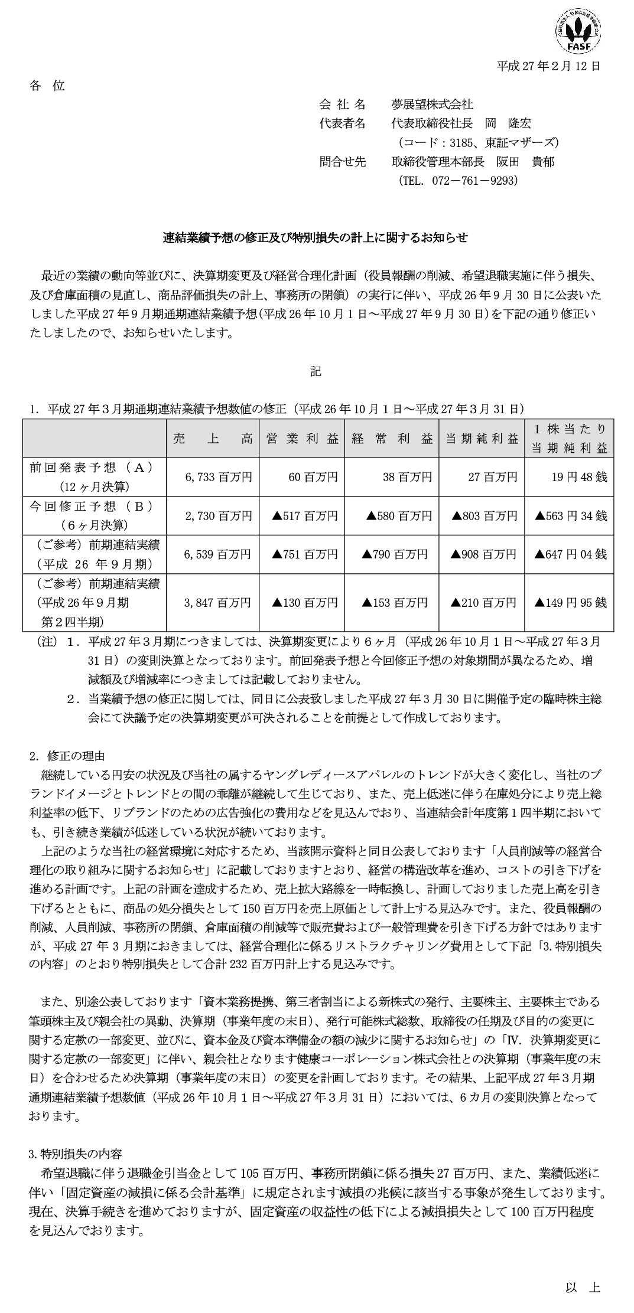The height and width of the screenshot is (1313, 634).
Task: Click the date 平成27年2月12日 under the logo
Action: (548, 66)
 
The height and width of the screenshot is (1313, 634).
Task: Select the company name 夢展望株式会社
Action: (432, 104)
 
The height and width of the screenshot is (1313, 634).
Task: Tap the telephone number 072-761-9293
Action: (459, 180)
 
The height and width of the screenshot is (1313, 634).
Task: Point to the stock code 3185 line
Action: (478, 142)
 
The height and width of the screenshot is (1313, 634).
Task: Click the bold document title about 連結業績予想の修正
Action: (316, 237)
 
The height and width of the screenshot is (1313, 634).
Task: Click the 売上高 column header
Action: (213, 439)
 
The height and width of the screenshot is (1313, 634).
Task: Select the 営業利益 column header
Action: (302, 439)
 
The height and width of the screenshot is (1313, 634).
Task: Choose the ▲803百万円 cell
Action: (485, 515)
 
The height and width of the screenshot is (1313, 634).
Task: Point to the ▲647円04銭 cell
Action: (570, 554)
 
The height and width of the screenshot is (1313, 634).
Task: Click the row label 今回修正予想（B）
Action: (92, 507)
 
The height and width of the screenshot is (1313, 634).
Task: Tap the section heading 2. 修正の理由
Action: (67, 756)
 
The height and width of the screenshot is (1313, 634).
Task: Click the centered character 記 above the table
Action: (316, 371)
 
